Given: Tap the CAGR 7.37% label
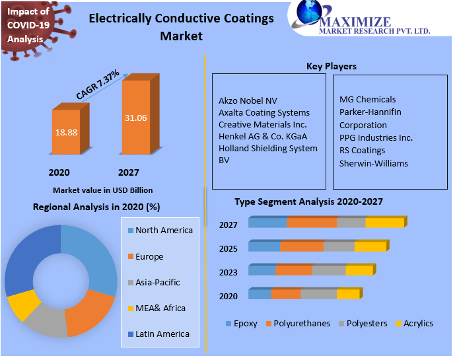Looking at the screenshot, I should pyautogui.click(x=98, y=85).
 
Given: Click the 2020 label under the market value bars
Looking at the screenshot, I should pyautogui.click(x=59, y=172).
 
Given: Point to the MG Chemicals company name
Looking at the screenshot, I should pyautogui.click(x=367, y=100).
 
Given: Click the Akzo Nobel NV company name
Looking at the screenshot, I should pyautogui.click(x=248, y=101).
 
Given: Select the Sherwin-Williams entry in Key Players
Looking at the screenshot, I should pyautogui.click(x=374, y=163).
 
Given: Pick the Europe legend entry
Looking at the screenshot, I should pyautogui.click(x=149, y=256).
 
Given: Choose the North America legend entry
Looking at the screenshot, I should pyautogui.click(x=164, y=231).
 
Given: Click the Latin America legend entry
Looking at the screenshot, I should pyautogui.click(x=162, y=334).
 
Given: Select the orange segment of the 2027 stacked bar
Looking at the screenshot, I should pyautogui.click(x=312, y=223).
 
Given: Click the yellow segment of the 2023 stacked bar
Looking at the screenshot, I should pyautogui.click(x=359, y=270).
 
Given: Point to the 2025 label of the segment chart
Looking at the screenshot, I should pyautogui.click(x=228, y=249).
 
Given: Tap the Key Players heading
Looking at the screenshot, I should pyautogui.click(x=332, y=66).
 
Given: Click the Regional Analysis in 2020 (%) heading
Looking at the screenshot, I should pyautogui.click(x=96, y=207).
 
